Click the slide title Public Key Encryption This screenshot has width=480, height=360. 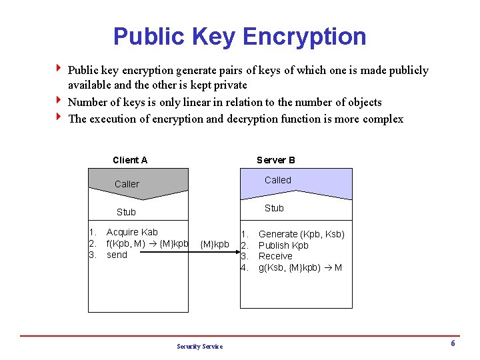[x=239, y=36]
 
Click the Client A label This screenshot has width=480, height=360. [x=130, y=160]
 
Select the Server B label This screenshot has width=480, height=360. [x=276, y=160]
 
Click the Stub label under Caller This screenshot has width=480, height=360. [x=126, y=212]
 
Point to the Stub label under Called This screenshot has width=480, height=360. [x=274, y=208]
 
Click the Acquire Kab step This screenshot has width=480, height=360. [x=132, y=232]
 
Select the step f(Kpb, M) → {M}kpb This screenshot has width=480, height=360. [x=147, y=243]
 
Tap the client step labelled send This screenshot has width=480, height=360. [x=117, y=255]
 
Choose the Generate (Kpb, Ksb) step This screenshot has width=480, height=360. [x=301, y=234]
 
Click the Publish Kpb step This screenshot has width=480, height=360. [x=283, y=245]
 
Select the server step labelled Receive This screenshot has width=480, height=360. [x=275, y=256]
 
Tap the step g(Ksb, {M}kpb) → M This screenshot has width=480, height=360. [x=300, y=267]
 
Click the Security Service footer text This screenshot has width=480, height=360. [x=200, y=346]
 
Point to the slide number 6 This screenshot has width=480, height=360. [x=453, y=343]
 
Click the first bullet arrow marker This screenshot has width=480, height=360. [x=59, y=69]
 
